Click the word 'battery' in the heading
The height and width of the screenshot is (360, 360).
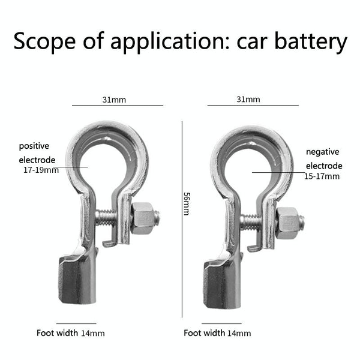click(311, 41)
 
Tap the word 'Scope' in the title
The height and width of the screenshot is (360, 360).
click(44, 41)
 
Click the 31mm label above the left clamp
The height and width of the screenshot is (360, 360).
click(114, 100)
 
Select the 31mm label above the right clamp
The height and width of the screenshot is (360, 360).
click(248, 100)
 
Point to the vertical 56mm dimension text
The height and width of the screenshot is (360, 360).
click(187, 204)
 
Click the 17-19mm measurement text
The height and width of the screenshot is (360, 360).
click(41, 170)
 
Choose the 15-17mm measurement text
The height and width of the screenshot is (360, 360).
click(322, 176)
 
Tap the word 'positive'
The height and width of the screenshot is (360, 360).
click(34, 146)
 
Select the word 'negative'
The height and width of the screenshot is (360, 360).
click(323, 152)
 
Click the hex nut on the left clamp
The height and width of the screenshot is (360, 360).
click(142, 218)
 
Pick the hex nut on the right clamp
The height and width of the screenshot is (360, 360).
click(287, 223)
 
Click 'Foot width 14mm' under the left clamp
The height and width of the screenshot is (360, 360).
click(71, 333)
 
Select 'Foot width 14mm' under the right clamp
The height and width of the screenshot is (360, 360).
click(217, 333)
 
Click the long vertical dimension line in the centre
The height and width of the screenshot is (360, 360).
click(182, 220)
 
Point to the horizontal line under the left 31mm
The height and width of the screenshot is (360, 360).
click(118, 106)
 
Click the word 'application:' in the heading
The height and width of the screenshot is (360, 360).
click(170, 41)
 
